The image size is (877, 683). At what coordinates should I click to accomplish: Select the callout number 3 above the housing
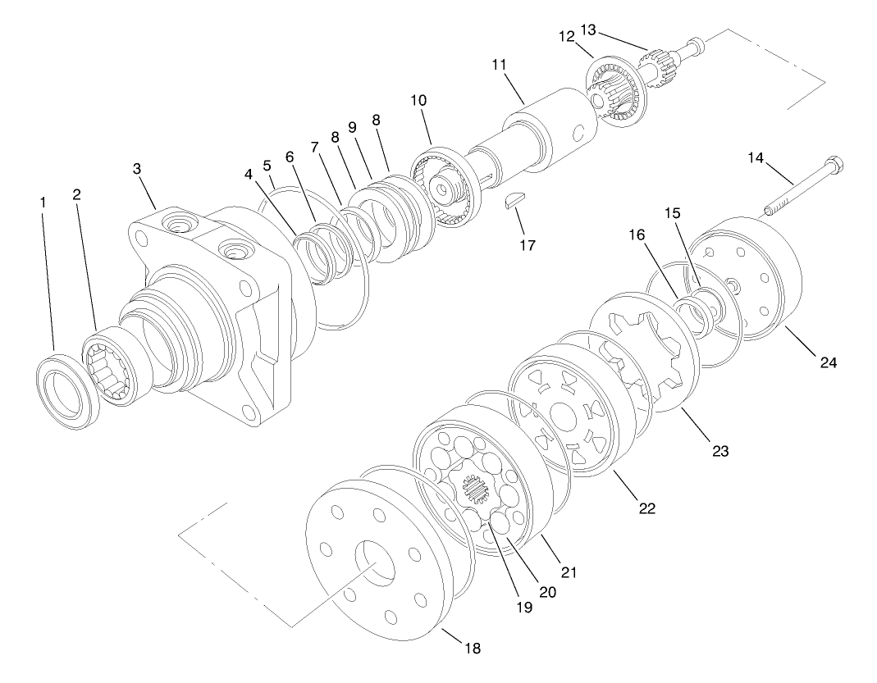coord(137,169)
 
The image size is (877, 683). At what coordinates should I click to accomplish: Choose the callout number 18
coord(472,648)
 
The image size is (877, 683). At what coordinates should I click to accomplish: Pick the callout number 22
coord(647,508)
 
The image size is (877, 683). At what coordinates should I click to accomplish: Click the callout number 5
coord(267,164)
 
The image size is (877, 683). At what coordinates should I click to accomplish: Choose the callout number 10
coord(418,99)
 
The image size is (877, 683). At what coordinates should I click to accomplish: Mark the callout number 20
coord(548,591)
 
